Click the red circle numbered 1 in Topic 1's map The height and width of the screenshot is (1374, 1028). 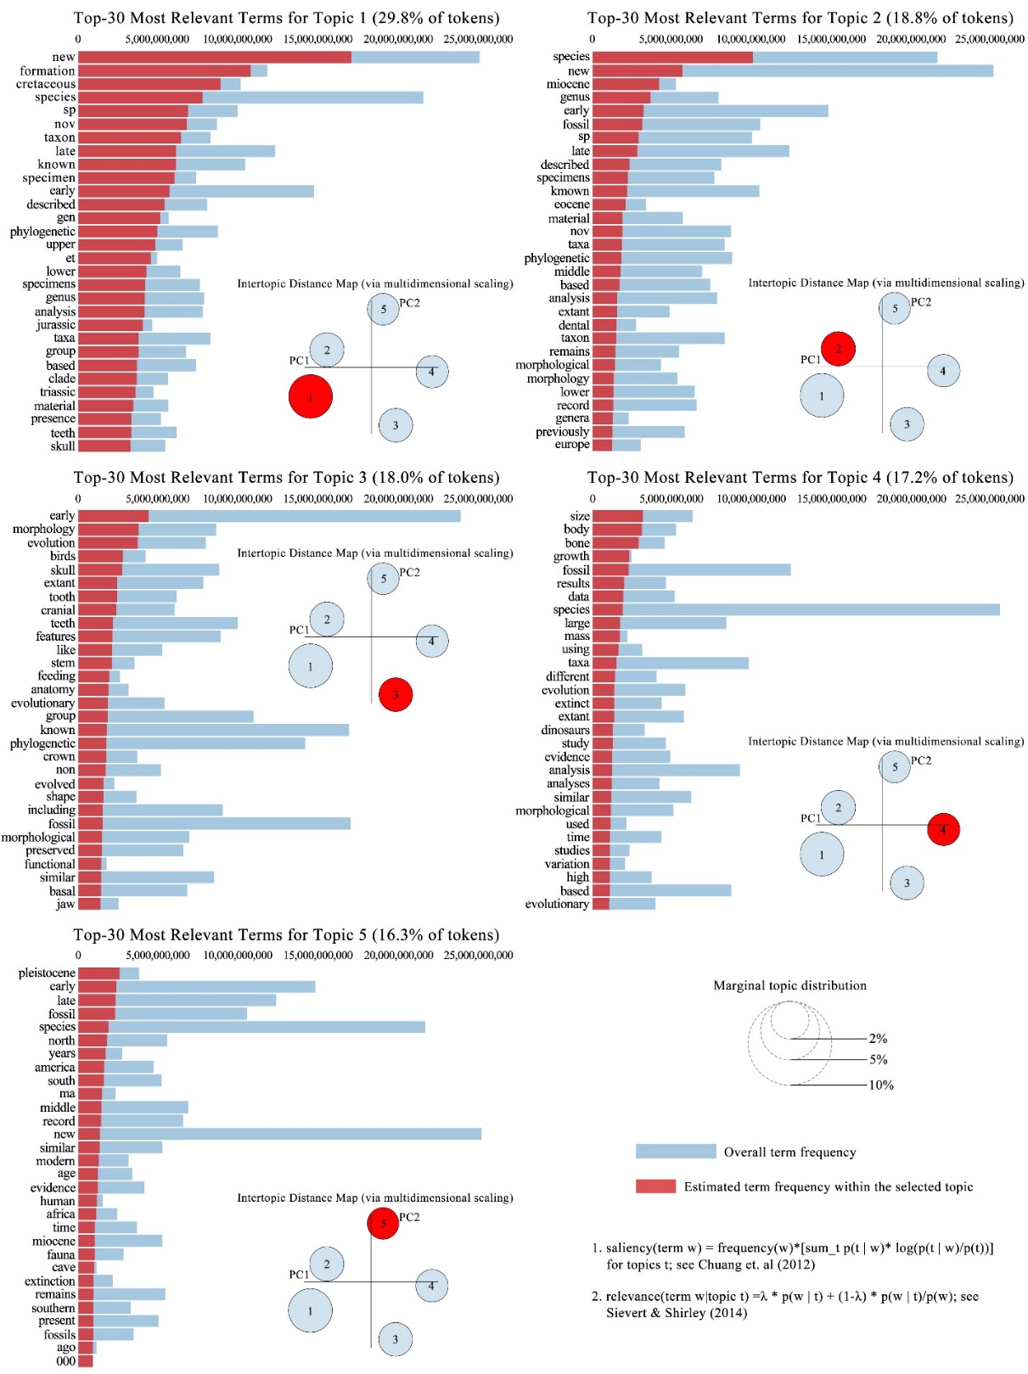[x=310, y=396]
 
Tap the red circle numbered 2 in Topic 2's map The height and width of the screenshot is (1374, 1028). [x=838, y=349]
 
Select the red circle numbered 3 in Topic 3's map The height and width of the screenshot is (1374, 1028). [x=396, y=694]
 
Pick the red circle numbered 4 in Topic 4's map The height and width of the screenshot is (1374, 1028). [x=943, y=829]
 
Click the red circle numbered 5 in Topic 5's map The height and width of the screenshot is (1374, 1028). [x=383, y=1223]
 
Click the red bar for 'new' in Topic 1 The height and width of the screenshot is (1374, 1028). [x=214, y=57]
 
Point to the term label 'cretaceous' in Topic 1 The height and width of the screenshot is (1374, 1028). [x=46, y=84]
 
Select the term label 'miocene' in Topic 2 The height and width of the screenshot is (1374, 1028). [x=568, y=84]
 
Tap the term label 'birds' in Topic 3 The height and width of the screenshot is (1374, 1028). [x=63, y=556]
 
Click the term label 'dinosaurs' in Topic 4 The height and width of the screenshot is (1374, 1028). [x=565, y=730]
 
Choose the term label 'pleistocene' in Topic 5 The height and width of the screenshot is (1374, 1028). [x=47, y=973]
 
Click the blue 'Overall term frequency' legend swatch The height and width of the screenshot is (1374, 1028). [x=676, y=1151]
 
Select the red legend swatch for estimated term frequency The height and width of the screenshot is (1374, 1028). [x=655, y=1186]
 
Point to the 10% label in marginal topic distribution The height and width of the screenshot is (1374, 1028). [x=880, y=1085]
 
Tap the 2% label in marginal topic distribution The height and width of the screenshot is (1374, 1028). [x=878, y=1038]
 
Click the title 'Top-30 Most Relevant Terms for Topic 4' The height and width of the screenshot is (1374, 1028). [x=800, y=477]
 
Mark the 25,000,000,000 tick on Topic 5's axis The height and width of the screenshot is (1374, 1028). [x=478, y=955]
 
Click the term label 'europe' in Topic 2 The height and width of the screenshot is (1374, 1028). [x=572, y=445]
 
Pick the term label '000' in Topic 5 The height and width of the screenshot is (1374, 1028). [x=66, y=1361]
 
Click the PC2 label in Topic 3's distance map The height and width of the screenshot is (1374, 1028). [x=409, y=572]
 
